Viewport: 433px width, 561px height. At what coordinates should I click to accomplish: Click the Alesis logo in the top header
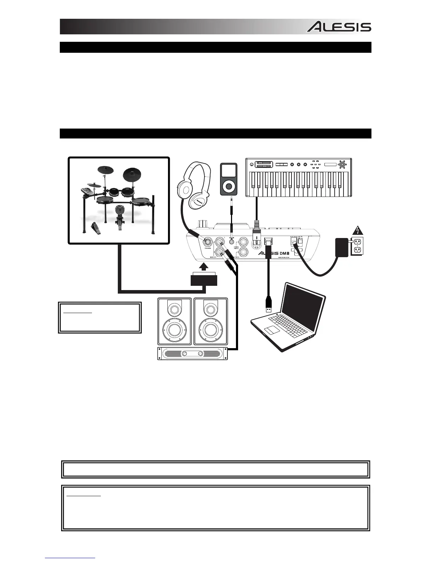tap(339, 27)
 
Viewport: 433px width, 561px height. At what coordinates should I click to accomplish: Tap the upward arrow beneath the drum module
tap(204, 267)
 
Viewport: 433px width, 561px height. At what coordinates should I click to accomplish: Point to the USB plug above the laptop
tap(268, 303)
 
